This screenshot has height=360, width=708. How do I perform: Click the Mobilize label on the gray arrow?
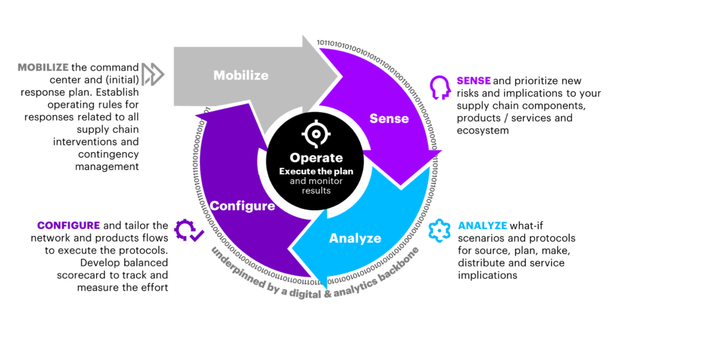click(x=241, y=76)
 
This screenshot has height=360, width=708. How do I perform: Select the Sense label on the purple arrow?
click(x=389, y=118)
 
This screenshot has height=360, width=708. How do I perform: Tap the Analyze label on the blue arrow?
click(x=355, y=238)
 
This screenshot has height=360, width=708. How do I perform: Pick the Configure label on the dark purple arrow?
click(x=243, y=206)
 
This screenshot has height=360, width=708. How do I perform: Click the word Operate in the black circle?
click(x=316, y=158)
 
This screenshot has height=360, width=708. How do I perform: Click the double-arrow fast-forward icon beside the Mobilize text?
click(x=154, y=74)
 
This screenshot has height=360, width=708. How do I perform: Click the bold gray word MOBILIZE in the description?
click(x=43, y=68)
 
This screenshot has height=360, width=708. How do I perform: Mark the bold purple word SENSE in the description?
click(x=474, y=81)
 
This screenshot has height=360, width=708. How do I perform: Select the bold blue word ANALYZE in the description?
click(x=483, y=226)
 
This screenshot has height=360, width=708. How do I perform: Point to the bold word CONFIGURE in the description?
click(x=68, y=225)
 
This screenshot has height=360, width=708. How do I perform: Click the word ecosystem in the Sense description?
click(x=483, y=130)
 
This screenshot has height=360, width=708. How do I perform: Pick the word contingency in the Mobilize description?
click(x=108, y=154)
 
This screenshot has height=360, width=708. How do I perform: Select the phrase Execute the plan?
click(x=316, y=171)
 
